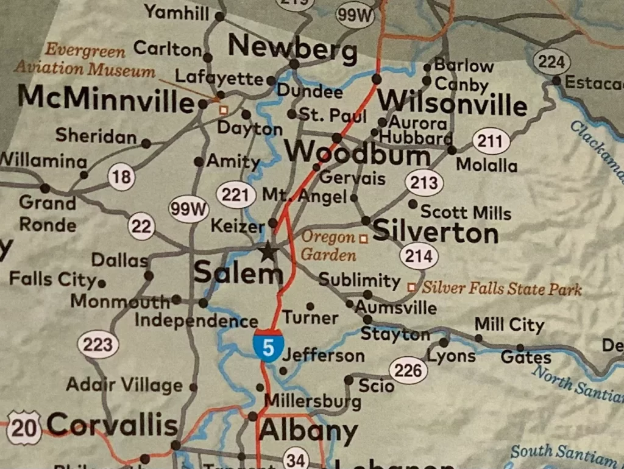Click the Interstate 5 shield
point(268,345)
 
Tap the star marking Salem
point(268,251)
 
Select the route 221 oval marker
point(235,195)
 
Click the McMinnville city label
point(105,99)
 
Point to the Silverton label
point(435,232)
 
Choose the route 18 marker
point(121,177)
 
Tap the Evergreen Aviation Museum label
point(85,60)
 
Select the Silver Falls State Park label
point(502,288)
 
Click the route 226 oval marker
point(408,370)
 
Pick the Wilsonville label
point(452,102)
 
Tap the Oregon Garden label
point(328,245)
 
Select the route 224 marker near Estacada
point(551,62)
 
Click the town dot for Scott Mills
point(413,204)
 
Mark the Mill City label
point(509,325)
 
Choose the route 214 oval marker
point(419,256)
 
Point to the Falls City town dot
point(102,283)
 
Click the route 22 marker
point(141,227)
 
